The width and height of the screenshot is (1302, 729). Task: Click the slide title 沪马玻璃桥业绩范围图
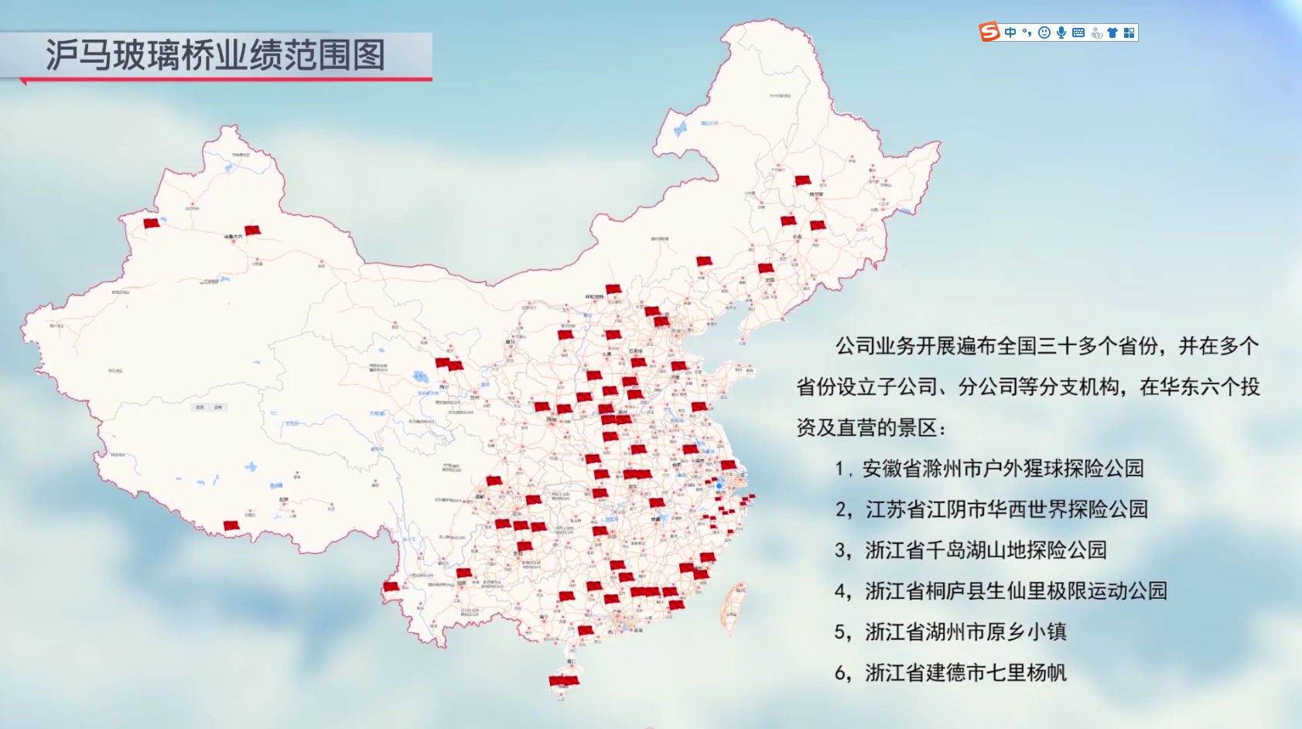click(215, 55)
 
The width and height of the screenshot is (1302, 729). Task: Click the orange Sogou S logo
click(989, 32)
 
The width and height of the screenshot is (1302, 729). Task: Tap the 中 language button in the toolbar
click(1010, 33)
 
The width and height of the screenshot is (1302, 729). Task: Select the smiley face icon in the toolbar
click(1044, 33)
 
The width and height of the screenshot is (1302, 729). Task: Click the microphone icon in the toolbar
click(1061, 33)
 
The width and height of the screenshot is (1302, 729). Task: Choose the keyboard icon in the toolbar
click(1078, 33)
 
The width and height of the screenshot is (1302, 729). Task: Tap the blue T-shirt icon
click(1112, 33)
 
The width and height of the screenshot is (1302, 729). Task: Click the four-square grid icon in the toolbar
click(1129, 33)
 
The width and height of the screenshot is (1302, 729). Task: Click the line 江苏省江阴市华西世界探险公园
click(1006, 509)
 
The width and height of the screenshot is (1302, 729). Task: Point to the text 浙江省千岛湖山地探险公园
click(985, 550)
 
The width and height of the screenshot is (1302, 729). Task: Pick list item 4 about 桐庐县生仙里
click(1015, 591)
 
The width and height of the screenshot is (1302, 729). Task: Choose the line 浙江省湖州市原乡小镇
click(965, 632)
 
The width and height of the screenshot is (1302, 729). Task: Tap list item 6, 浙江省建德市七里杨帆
click(965, 673)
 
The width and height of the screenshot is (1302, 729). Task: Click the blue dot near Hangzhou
click(719, 486)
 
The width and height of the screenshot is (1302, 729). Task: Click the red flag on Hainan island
click(564, 682)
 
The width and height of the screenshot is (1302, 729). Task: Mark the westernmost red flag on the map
click(152, 224)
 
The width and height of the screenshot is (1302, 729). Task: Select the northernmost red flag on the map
click(803, 180)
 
